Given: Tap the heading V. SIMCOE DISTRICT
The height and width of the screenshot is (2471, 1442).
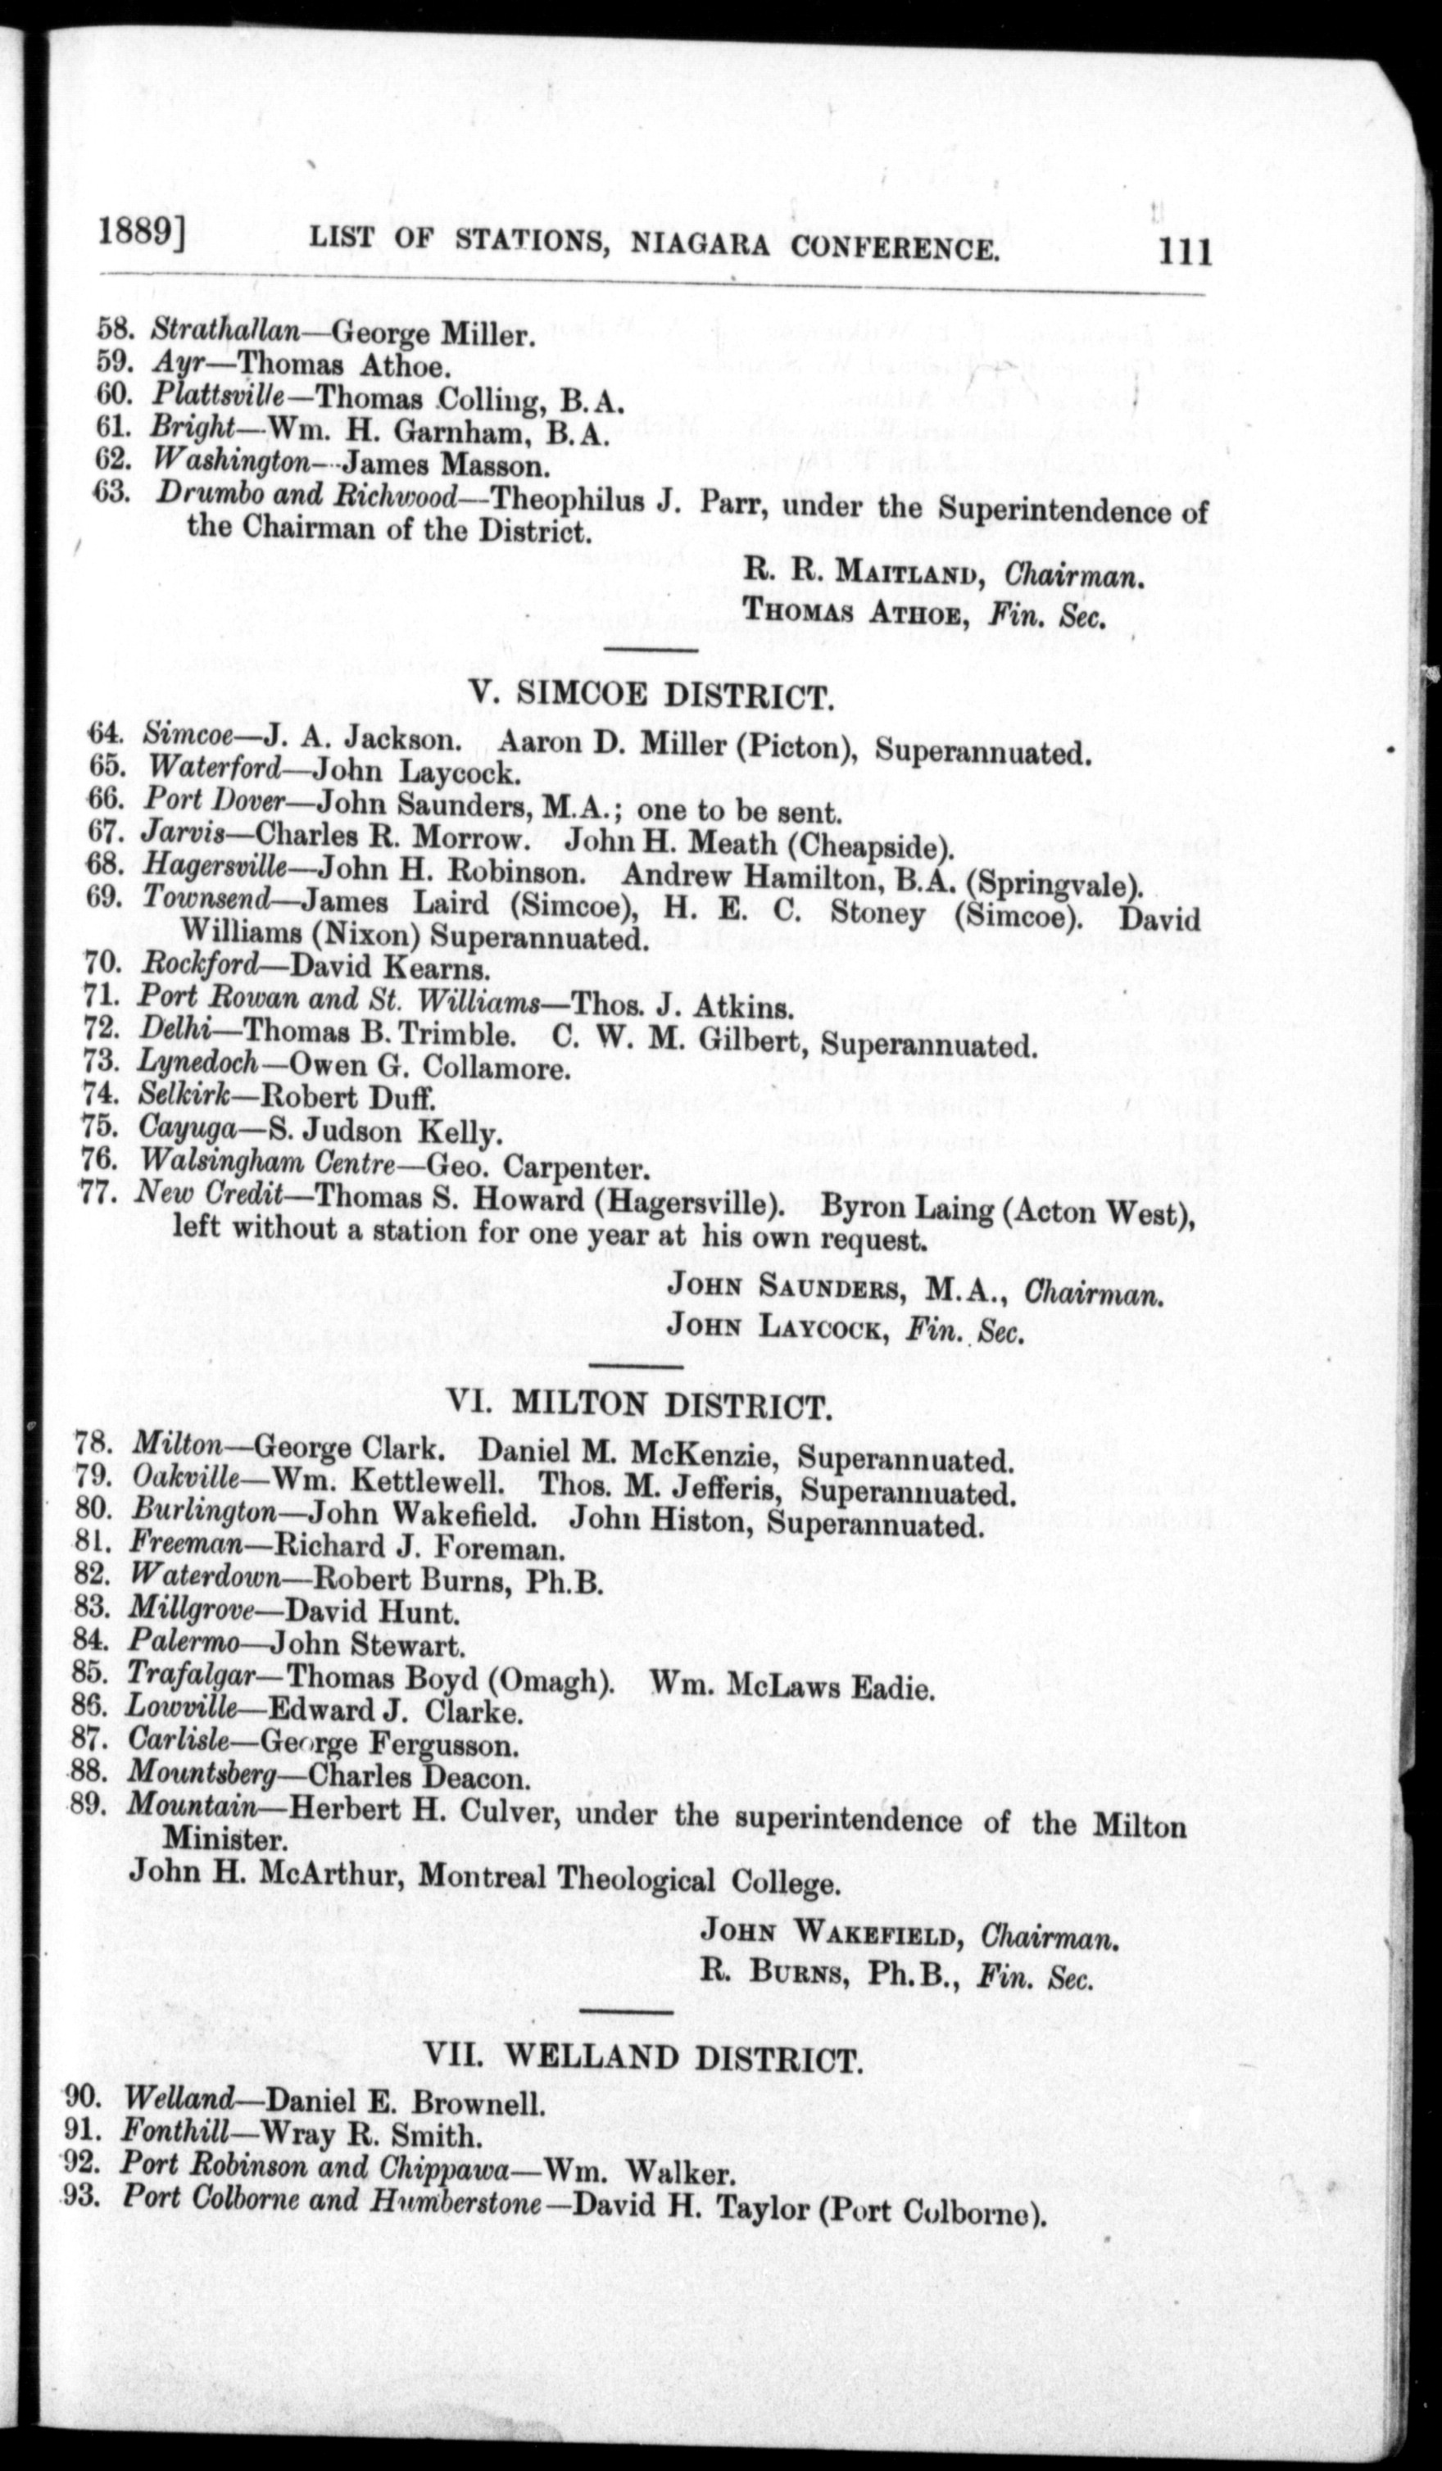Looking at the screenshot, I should (652, 696).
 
